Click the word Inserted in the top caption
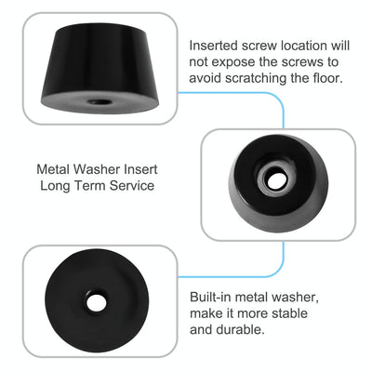click(x=215, y=45)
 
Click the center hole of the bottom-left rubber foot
click(x=96, y=303)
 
